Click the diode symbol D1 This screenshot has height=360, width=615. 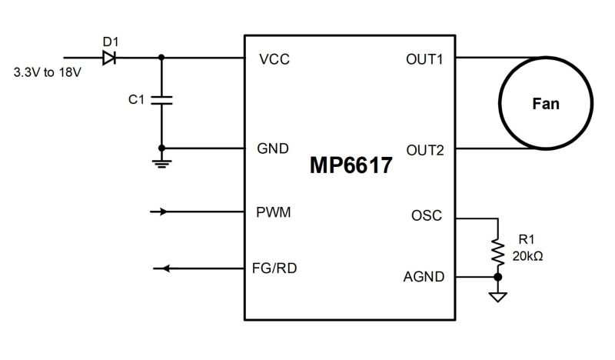(108, 56)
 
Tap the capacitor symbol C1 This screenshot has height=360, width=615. (161, 100)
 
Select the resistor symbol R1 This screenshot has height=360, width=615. (498, 250)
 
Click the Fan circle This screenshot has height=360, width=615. (545, 104)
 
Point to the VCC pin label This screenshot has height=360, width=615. (275, 59)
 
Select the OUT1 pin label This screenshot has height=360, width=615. (424, 59)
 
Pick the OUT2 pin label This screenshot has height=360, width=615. (424, 149)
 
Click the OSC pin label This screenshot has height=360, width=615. (427, 216)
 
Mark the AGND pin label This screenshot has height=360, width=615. (424, 276)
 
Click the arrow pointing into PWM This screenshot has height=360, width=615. (162, 211)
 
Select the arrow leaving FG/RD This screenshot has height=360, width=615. (161, 268)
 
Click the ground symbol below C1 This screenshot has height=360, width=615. (161, 162)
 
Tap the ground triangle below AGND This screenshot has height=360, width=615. (498, 295)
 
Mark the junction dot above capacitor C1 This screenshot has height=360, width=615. (161, 57)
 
